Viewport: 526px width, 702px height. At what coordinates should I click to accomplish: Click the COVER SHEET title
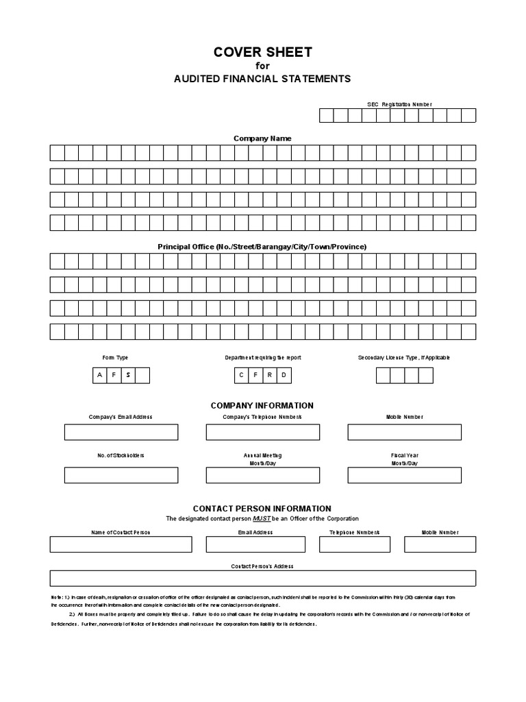263,52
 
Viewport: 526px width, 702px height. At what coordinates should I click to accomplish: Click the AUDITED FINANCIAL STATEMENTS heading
263,79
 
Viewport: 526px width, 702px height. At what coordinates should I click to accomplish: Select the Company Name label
262,138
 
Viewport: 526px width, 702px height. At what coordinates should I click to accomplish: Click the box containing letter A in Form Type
99,375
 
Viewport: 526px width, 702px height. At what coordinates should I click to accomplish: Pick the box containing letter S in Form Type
127,375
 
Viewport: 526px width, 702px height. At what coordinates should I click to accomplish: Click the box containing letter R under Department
270,375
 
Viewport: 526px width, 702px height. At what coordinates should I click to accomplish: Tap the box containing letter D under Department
284,375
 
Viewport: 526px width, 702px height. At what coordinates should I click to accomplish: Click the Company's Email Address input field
121,432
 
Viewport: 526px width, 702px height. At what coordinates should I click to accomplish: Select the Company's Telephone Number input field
262,432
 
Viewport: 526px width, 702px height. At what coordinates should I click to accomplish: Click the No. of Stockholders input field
121,475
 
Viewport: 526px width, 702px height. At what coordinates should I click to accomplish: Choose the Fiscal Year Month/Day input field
404,475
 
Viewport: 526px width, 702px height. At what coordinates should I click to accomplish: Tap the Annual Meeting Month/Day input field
262,475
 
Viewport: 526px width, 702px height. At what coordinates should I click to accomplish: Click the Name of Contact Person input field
121,544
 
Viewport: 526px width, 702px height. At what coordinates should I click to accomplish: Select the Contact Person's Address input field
262,579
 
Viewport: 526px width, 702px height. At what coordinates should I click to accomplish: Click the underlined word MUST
262,519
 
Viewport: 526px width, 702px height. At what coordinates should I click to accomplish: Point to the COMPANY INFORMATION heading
262,406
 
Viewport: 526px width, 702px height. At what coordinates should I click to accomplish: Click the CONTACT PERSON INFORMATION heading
262,509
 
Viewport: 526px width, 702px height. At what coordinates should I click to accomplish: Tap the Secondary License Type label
404,358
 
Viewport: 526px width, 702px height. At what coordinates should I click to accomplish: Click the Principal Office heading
262,246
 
